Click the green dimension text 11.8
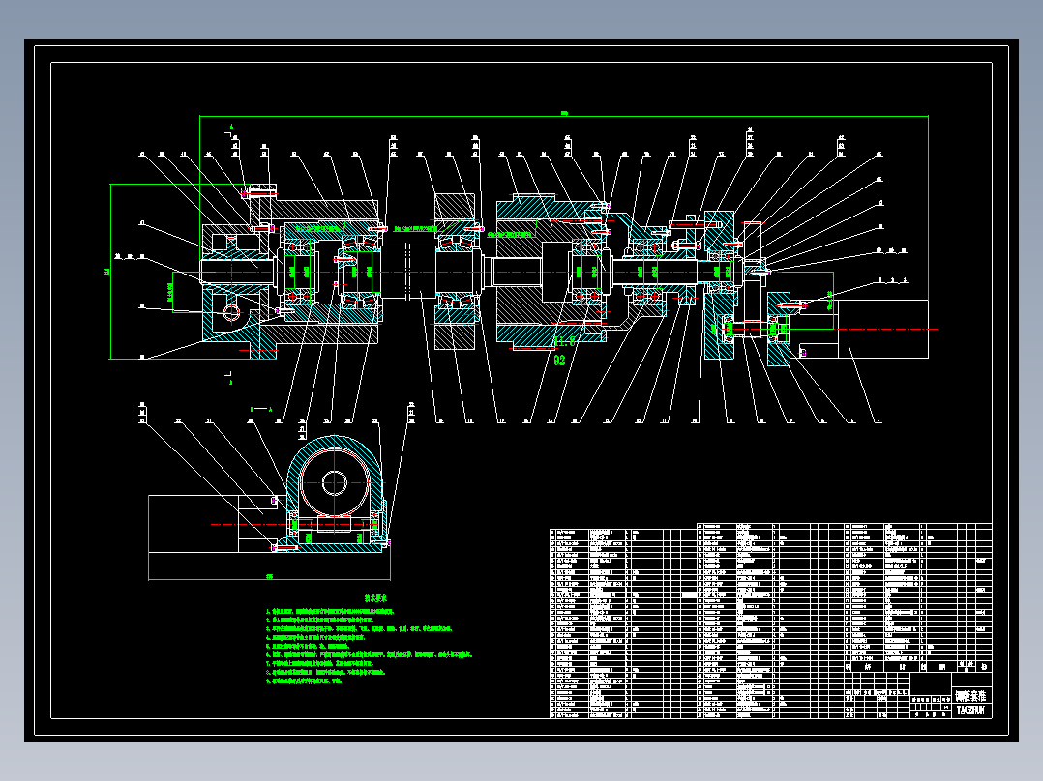click(564, 340)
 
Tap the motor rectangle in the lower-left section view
click(208, 536)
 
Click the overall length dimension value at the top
click(563, 114)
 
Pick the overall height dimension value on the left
click(107, 272)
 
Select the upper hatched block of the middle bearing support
click(455, 206)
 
